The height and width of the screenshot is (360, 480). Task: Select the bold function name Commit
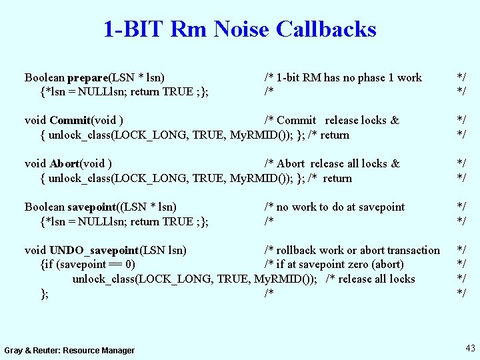pyautogui.click(x=70, y=120)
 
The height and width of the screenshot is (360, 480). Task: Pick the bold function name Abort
pyautogui.click(x=64, y=163)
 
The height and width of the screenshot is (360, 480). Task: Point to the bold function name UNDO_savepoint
pyautogui.click(x=94, y=250)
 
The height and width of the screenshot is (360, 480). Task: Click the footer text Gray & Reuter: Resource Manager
pyautogui.click(x=69, y=350)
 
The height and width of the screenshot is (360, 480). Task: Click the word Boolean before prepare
pyautogui.click(x=44, y=77)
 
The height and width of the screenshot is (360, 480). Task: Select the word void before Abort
pyautogui.click(x=35, y=163)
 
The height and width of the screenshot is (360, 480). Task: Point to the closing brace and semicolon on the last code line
pyautogui.click(x=44, y=293)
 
